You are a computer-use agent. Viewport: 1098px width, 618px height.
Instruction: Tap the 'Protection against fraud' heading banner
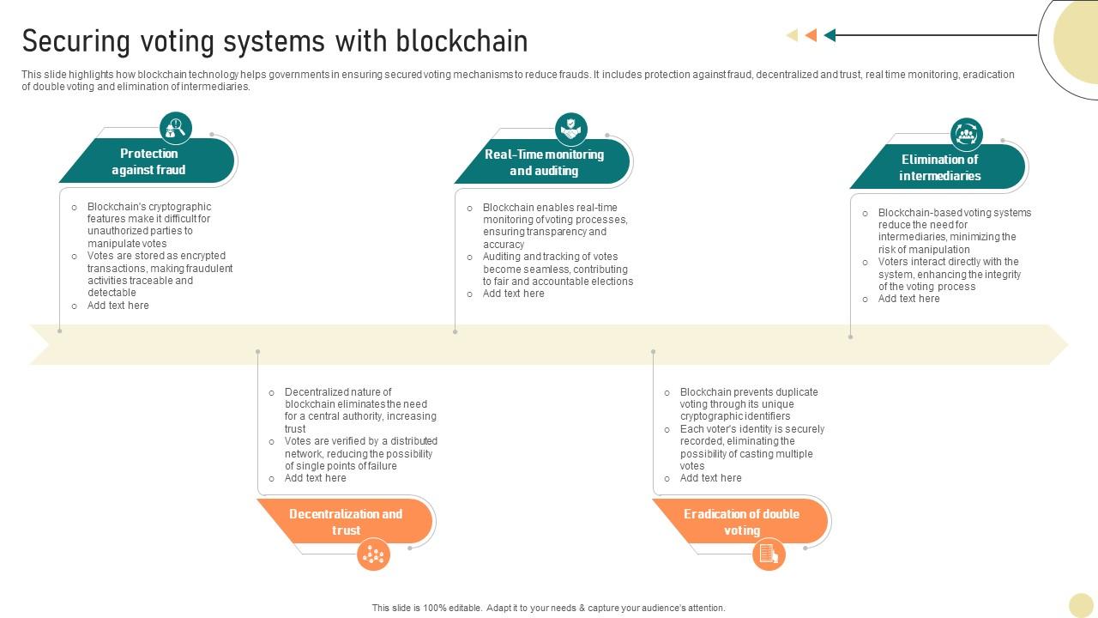tap(148, 161)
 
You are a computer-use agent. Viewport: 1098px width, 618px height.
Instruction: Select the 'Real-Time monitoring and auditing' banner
tap(544, 162)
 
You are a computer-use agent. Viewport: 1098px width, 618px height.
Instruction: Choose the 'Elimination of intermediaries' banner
tap(940, 167)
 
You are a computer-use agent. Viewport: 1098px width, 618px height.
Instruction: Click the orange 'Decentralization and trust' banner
tap(346, 522)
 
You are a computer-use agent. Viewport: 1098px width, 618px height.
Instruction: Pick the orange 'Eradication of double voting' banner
tap(741, 522)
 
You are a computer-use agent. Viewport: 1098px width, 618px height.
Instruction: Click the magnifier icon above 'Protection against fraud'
tap(176, 128)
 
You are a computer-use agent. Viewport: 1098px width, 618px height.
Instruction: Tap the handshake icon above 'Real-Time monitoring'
tap(571, 130)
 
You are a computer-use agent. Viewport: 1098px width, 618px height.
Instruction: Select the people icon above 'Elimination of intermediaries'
tap(967, 135)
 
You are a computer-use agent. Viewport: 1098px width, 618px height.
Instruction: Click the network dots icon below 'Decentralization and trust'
tap(373, 554)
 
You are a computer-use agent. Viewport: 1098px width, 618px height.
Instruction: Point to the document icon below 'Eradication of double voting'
tap(769, 554)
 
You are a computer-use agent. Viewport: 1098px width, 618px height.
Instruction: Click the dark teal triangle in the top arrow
tap(830, 35)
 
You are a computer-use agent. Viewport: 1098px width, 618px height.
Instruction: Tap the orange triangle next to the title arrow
tap(811, 35)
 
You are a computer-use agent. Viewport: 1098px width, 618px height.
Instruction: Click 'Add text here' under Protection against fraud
tap(118, 306)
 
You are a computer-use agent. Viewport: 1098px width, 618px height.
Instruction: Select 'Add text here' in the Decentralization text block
tap(316, 478)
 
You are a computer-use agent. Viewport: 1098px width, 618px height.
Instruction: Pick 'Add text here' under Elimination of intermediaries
tap(908, 299)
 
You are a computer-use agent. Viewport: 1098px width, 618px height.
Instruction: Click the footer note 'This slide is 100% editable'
tap(548, 608)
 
